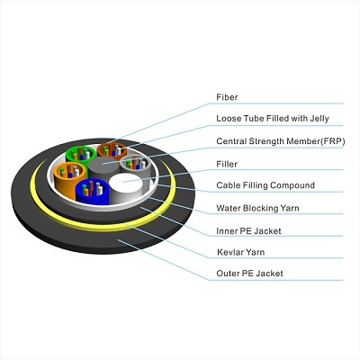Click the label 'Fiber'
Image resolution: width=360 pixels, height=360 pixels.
227,97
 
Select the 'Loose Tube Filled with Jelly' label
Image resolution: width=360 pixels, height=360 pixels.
273,119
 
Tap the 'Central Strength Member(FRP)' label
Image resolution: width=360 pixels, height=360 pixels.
281,141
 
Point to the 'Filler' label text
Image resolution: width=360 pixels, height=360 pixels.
227,164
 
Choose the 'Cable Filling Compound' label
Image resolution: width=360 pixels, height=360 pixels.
265,185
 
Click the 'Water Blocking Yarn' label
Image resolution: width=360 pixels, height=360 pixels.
257,208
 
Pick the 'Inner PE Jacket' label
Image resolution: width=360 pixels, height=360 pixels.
248,231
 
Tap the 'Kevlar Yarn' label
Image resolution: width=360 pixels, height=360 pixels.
241,252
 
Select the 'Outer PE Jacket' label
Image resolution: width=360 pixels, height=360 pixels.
249,274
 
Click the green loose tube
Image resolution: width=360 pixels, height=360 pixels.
80,155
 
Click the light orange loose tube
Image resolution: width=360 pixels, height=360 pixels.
67,177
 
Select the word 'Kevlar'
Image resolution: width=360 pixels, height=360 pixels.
229,252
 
